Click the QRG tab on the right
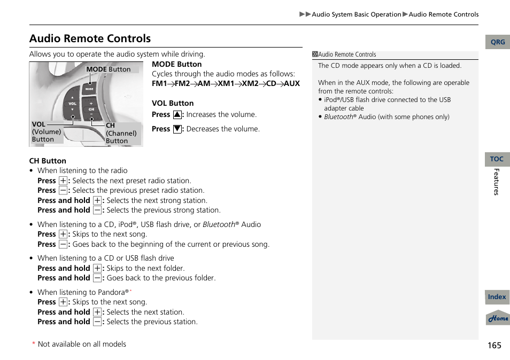[x=497, y=42]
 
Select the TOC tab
[x=497, y=159]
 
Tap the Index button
[x=497, y=297]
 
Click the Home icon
[x=498, y=318]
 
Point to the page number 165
[x=494, y=345]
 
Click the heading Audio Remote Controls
[x=90, y=38]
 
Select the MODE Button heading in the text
[x=176, y=64]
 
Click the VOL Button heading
[x=173, y=103]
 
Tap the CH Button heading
[x=48, y=161]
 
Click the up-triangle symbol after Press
[x=177, y=115]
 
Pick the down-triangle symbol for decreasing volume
[x=177, y=129]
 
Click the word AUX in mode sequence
[x=291, y=84]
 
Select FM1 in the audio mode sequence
[x=159, y=84]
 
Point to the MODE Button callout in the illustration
[x=108, y=69]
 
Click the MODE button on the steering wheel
[x=89, y=89]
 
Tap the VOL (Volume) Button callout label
[x=45, y=131]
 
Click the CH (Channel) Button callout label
[x=121, y=134]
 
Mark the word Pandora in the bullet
[x=112, y=293]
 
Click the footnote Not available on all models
[x=82, y=345]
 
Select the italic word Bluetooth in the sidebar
[x=338, y=117]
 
